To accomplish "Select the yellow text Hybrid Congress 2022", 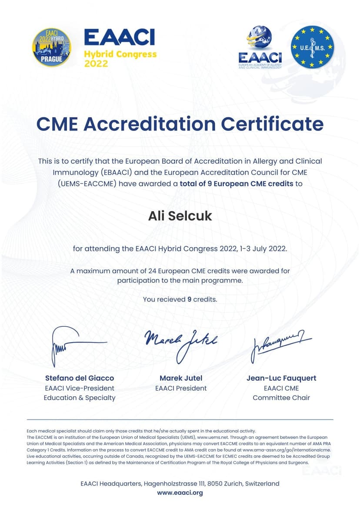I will pos(120,59).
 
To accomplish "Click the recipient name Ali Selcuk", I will pos(180,215).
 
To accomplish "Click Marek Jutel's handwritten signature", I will pos(180,343).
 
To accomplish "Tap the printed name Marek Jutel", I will pos(181,378).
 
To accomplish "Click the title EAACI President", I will pos(181,388).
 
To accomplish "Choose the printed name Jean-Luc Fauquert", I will pos(281,378).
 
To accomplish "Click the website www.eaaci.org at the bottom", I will pos(180,493).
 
